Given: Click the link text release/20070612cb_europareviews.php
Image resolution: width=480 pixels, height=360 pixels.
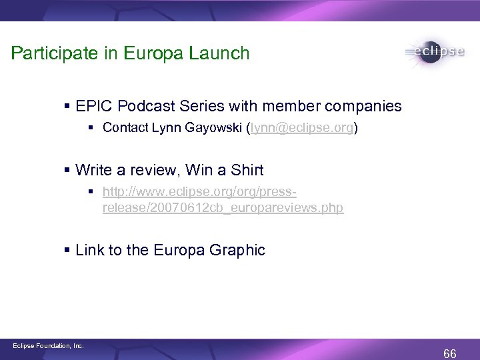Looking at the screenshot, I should pos(223,208).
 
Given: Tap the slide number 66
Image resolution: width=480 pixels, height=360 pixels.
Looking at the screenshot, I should pos(450,353).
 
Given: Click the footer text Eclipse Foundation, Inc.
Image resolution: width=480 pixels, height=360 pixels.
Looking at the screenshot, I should pos(48,345).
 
